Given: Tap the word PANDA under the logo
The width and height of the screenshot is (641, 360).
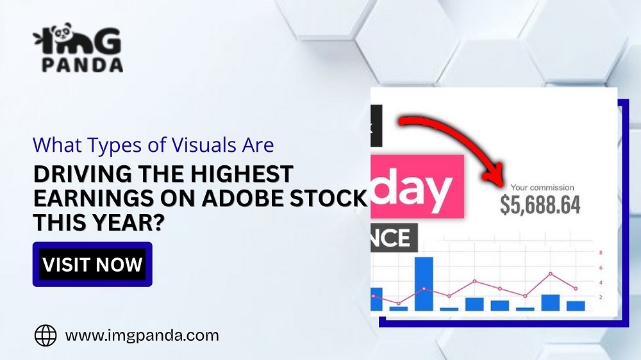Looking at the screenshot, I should tap(81, 65).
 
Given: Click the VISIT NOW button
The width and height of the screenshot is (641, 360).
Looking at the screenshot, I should tap(92, 264).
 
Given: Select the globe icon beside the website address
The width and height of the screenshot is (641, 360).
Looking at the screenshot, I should tap(46, 335).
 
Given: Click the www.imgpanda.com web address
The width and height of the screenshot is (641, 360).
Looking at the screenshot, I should tap(142, 335).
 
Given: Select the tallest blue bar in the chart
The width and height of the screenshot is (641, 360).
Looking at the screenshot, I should tap(424, 283).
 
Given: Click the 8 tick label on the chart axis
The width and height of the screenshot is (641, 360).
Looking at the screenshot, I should tap(600, 252).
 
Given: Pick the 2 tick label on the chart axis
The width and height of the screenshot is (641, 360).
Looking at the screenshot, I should tap(600, 297).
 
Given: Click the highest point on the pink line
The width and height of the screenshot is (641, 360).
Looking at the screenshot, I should tap(550, 274).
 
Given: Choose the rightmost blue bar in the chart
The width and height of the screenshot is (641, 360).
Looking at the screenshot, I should tap(576, 306).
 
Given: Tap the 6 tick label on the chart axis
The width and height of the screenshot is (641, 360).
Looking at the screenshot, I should tap(600, 267).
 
